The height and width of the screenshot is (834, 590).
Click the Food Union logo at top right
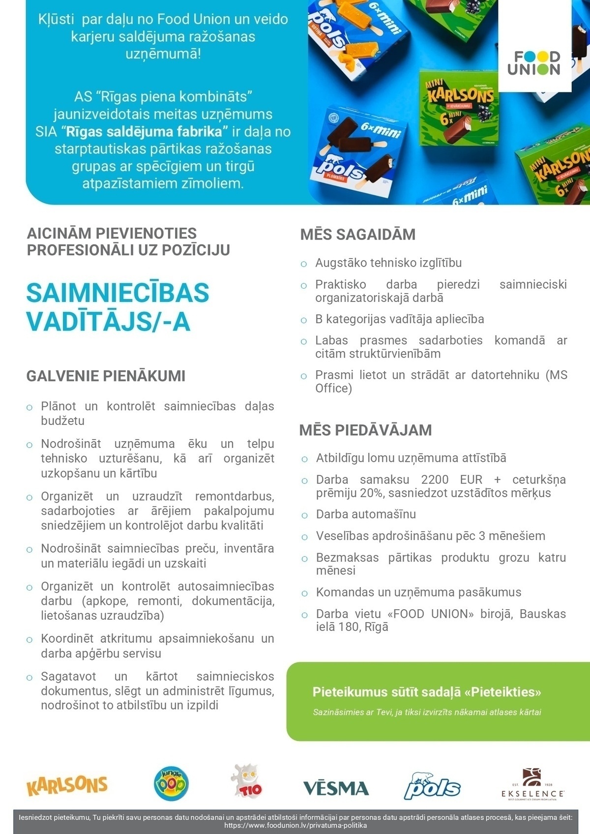click(x=534, y=63)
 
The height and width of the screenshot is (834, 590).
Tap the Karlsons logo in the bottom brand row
click(x=67, y=785)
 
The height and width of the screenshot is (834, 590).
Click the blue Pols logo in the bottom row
click(x=432, y=786)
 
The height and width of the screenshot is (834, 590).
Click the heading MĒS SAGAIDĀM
click(x=357, y=235)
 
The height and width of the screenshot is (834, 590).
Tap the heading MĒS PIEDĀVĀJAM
click(x=365, y=430)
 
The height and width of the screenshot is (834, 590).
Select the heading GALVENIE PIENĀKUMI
click(x=106, y=376)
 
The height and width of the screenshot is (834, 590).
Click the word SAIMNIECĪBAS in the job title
click(x=118, y=293)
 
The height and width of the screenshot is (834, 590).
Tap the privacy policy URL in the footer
click(x=295, y=826)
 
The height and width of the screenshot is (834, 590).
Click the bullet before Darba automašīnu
click(x=304, y=515)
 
